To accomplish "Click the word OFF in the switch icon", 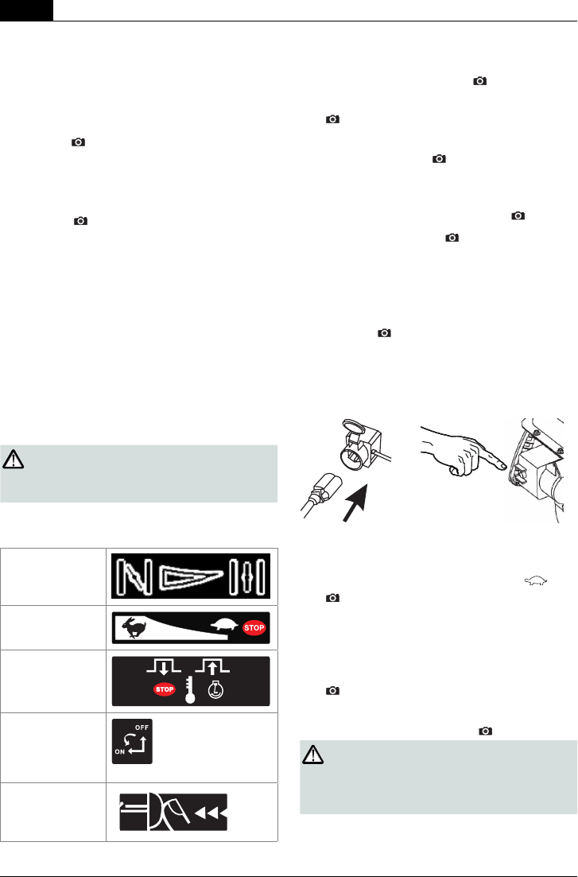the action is tap(143, 727).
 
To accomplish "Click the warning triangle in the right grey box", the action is tap(315, 755).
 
